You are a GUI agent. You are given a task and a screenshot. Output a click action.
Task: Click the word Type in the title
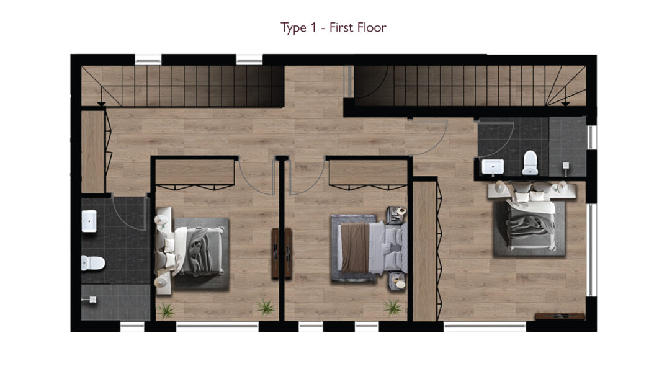(x=293, y=28)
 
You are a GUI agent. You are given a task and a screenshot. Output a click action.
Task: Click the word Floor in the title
(x=372, y=27)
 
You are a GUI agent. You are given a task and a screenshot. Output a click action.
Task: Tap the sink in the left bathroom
(x=89, y=221)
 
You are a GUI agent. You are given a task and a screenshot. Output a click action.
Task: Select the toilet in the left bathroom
(x=93, y=263)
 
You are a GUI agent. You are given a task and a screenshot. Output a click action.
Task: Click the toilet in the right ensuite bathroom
(x=530, y=163)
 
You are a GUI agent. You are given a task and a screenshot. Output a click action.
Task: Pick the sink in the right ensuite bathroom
(x=493, y=167)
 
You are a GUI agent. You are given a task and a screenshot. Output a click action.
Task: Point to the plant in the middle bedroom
(x=392, y=307)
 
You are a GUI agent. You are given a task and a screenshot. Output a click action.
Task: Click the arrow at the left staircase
(x=101, y=104)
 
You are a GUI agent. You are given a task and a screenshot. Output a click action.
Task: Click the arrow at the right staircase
(x=565, y=104)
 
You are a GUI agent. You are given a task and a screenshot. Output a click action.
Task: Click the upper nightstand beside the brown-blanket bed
(x=396, y=215)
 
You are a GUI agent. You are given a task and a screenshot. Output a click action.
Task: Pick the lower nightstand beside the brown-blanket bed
(x=397, y=282)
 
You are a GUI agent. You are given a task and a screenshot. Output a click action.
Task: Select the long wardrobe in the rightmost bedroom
(x=426, y=251)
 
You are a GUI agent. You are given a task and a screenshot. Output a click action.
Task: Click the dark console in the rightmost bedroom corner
(x=560, y=316)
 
